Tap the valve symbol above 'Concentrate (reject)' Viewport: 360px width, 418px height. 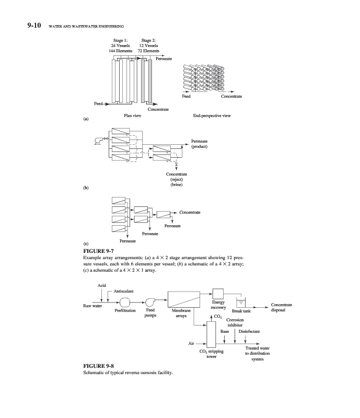click(x=176, y=165)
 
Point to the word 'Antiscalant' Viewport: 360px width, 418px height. click(x=124, y=291)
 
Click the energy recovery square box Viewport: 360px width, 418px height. click(x=218, y=294)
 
